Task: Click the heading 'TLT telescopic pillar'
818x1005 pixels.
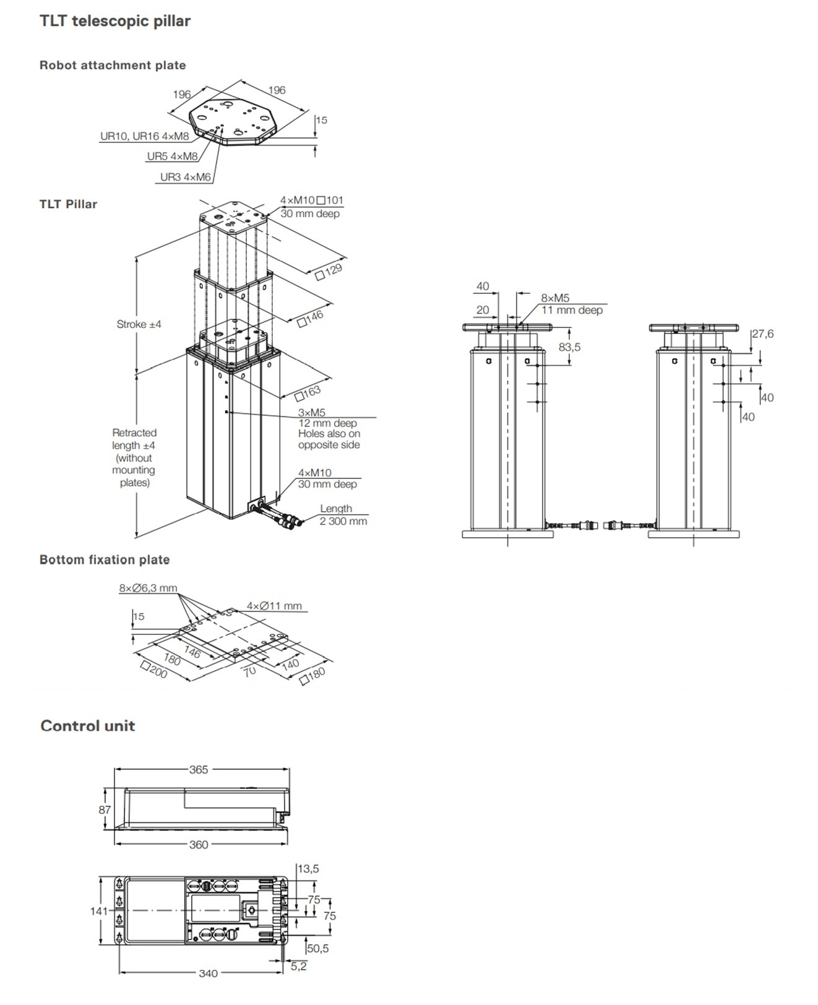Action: click(115, 21)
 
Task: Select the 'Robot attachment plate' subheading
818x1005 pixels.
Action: click(113, 65)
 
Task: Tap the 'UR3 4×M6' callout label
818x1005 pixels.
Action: click(186, 177)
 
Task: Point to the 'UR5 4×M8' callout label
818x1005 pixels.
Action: click(172, 157)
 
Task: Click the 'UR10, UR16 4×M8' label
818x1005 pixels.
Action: click(145, 136)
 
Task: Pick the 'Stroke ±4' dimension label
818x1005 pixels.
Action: click(139, 324)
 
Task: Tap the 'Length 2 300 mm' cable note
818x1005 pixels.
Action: click(343, 515)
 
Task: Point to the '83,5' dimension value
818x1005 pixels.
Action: click(569, 347)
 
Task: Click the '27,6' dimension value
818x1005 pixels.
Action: click(763, 334)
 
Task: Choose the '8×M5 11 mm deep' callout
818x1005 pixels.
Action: click(571, 304)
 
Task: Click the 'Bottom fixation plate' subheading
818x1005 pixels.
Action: click(105, 559)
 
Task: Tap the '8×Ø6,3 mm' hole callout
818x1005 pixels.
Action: click(148, 588)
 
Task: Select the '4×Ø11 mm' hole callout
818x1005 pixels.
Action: click(274, 606)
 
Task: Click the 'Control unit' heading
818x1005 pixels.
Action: click(88, 726)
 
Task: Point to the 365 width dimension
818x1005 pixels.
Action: click(199, 770)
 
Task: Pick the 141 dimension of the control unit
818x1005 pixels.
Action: click(98, 911)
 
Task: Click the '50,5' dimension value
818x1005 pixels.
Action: click(317, 949)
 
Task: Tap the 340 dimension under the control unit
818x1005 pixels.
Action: click(208, 973)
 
